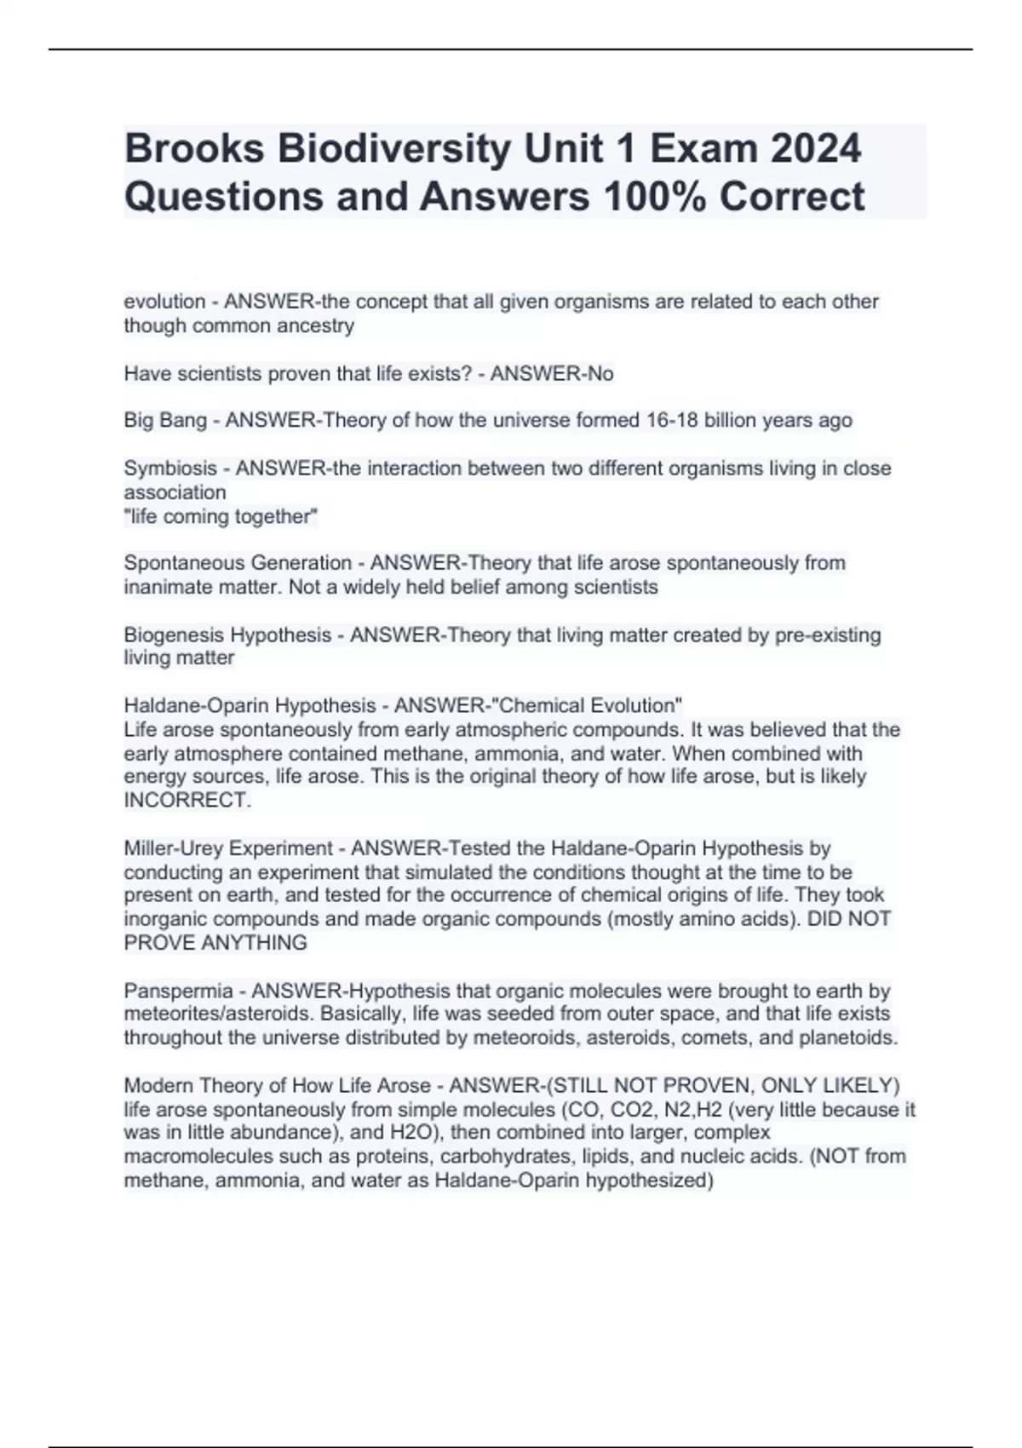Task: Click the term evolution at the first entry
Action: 164,302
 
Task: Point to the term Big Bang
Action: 165,420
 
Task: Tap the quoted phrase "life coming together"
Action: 221,516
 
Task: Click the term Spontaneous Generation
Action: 238,563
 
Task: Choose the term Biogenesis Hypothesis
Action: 227,635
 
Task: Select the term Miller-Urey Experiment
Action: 228,848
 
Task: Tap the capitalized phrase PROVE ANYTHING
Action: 215,943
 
